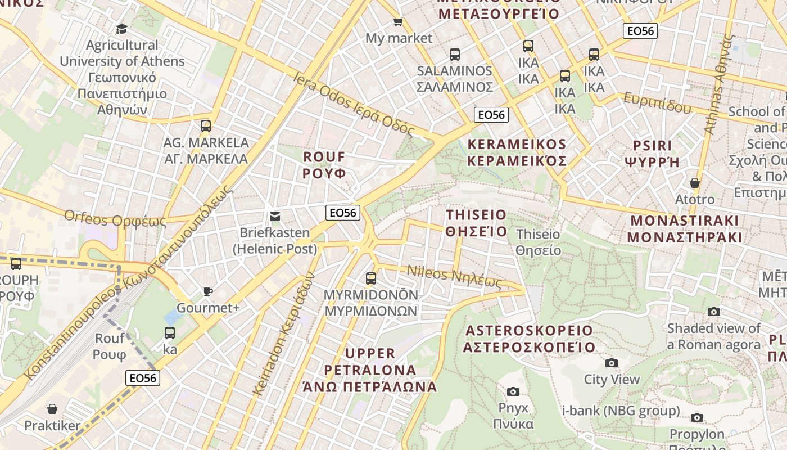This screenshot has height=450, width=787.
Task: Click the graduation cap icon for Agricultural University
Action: (x=121, y=29)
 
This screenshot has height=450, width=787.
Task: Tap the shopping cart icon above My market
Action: (x=398, y=22)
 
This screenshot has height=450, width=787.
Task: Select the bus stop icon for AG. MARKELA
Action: (x=206, y=125)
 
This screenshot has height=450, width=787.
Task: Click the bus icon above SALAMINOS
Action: (x=454, y=55)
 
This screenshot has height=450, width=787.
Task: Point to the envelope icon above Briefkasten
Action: (x=274, y=217)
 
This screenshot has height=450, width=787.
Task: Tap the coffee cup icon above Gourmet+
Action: (x=207, y=291)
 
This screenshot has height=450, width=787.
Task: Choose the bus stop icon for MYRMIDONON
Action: (x=370, y=278)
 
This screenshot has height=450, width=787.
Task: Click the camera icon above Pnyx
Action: (x=513, y=391)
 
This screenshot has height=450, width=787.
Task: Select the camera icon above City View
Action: (x=611, y=363)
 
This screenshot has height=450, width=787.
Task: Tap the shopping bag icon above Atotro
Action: (x=694, y=183)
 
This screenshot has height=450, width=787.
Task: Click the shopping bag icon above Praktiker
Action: (x=52, y=409)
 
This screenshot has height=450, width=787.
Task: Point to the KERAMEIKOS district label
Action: (x=517, y=152)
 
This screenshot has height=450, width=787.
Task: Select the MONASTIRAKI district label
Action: (x=684, y=228)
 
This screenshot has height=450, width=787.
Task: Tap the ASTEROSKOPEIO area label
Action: (x=528, y=339)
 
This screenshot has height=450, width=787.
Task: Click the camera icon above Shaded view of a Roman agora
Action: (x=713, y=312)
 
